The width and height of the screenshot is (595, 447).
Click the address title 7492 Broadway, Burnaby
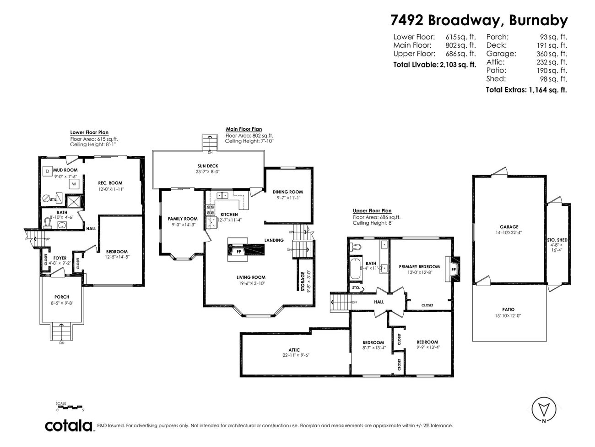tap(479, 20)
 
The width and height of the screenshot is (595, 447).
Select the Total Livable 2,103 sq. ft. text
tap(434, 65)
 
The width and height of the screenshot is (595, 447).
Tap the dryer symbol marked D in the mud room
tap(47, 171)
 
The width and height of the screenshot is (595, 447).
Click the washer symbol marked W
tap(73, 184)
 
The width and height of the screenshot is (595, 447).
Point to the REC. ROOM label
tap(110, 183)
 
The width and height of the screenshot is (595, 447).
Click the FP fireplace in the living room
tap(238, 251)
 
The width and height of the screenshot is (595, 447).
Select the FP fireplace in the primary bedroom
tap(454, 269)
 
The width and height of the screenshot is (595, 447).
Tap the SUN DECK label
tap(208, 166)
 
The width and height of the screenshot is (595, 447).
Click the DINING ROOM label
tap(287, 192)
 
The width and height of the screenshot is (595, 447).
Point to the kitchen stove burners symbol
tap(211, 210)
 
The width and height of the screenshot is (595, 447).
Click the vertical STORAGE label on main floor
tap(303, 281)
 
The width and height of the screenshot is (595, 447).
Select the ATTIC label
tap(294, 350)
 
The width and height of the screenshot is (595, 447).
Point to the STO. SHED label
tap(557, 240)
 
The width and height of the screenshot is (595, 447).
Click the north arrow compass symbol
tap(544, 409)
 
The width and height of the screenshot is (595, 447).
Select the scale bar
tap(70, 407)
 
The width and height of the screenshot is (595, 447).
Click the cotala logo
tap(69, 425)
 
